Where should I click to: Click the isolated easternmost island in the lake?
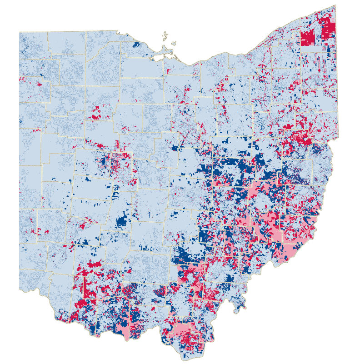173,43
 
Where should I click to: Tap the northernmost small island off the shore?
165,34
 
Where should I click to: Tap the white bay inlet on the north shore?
160,58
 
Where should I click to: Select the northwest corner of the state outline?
19,32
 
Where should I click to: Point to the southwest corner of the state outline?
19,289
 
